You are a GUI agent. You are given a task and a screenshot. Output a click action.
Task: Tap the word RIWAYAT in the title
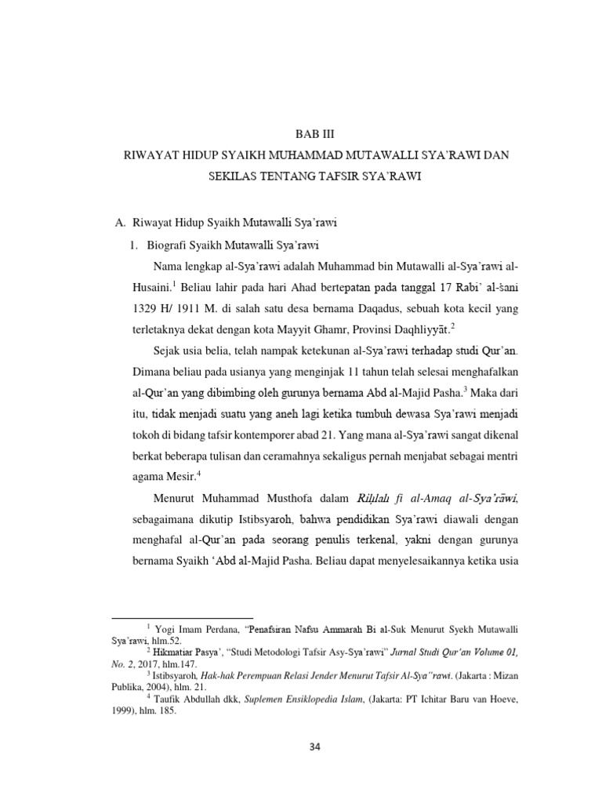click(150, 155)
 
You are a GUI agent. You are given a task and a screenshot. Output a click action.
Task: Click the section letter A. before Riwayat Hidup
click(120, 223)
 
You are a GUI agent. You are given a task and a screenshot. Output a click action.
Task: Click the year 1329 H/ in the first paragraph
click(145, 307)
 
